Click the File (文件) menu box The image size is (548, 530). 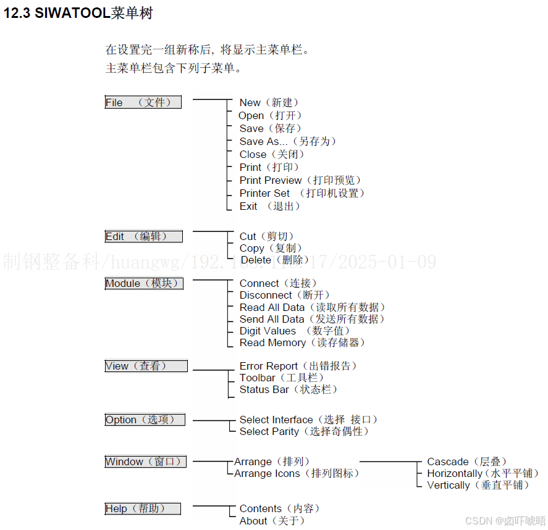(x=143, y=102)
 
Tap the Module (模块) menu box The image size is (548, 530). (x=144, y=283)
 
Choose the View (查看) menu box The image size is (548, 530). (x=146, y=366)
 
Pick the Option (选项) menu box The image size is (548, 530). (x=145, y=420)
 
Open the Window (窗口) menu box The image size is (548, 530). (x=145, y=462)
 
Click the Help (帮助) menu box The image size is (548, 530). (x=143, y=508)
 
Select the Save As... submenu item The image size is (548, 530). (x=288, y=141)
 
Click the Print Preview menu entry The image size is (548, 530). (x=300, y=180)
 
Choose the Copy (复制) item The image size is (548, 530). (x=271, y=248)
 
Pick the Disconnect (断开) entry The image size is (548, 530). (x=285, y=295)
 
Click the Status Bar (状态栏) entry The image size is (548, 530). (x=289, y=389)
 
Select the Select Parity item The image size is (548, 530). (x=304, y=431)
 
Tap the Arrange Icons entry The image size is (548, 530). (x=297, y=473)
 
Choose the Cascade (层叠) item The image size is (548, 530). (x=467, y=462)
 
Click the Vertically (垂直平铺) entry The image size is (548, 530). (x=478, y=485)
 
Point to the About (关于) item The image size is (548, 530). (x=272, y=521)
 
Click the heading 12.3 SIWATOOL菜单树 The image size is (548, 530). (x=78, y=14)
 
